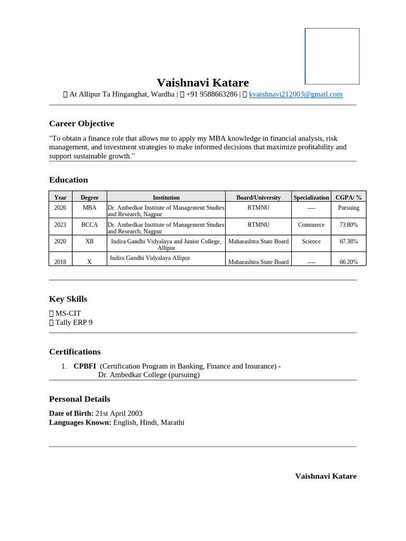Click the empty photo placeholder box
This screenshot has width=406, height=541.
[x=332, y=56]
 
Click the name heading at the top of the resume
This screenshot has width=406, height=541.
[x=202, y=82]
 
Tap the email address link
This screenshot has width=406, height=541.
[x=296, y=95]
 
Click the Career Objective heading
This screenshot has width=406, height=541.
[x=81, y=124]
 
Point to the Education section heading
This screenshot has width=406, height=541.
[x=68, y=180]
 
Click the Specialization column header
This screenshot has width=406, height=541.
[x=311, y=198]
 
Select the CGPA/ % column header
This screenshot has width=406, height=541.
[x=348, y=198]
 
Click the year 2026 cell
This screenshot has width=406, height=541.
[x=60, y=208]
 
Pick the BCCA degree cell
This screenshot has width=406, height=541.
[x=89, y=225]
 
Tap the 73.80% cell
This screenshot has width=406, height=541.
[x=348, y=225]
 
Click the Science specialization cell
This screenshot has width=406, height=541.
[x=311, y=241]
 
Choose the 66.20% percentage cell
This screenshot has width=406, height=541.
[x=348, y=262]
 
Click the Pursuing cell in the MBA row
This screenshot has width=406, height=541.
[x=348, y=208]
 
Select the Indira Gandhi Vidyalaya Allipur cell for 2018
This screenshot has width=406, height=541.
[x=150, y=258]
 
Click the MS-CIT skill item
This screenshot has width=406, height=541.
[x=68, y=313]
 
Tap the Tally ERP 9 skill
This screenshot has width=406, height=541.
[x=73, y=322]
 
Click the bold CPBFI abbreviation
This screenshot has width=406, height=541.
[x=85, y=366]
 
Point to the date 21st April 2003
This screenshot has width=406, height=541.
[x=119, y=414]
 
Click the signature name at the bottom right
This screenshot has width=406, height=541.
[x=326, y=476]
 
